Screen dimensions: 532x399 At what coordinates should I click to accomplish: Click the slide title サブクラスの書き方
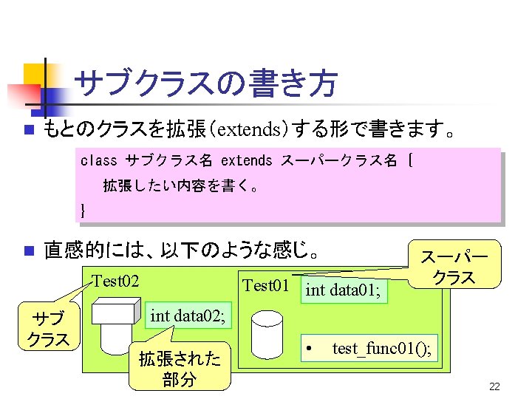click(x=206, y=83)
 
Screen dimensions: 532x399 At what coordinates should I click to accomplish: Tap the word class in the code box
click(x=98, y=160)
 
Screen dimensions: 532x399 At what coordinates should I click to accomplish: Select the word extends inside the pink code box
click(x=247, y=160)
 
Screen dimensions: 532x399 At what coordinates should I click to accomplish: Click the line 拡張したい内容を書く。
click(x=181, y=185)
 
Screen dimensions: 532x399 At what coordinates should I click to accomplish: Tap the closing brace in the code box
click(x=83, y=210)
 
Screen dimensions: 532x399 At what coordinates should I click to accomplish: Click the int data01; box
click(x=344, y=290)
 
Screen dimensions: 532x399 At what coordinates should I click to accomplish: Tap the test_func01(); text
click(x=382, y=347)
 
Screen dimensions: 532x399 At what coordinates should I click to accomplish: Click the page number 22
click(x=495, y=386)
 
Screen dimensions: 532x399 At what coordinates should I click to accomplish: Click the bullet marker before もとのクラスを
click(x=28, y=132)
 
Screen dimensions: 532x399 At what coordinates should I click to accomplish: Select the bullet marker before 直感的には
click(x=28, y=250)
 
